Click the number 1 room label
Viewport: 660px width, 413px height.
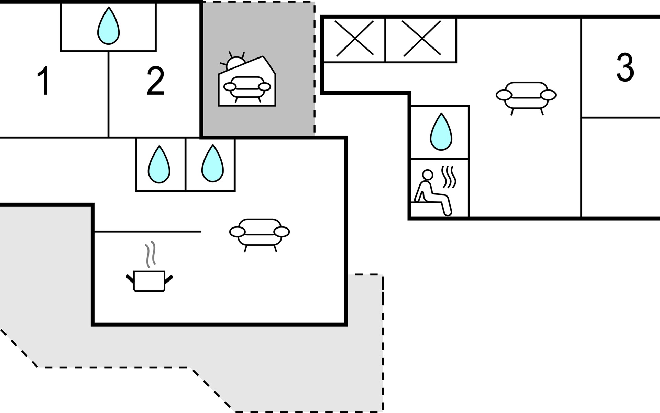point(44,81)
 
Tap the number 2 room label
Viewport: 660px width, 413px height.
point(155,81)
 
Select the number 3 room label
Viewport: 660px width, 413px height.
point(625,67)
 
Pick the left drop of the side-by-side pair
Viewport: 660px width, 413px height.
point(159,165)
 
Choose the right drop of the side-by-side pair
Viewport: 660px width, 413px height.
point(212,163)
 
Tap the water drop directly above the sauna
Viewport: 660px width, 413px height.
point(441,132)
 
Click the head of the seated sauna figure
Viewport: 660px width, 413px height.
point(428,175)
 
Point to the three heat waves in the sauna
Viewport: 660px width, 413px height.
point(449,177)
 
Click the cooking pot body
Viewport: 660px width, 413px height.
point(149,281)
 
